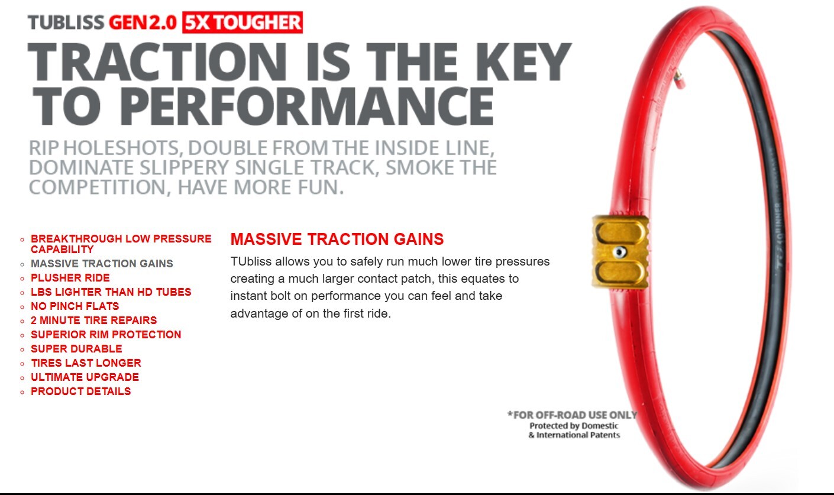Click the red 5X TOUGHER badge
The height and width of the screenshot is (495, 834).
click(243, 22)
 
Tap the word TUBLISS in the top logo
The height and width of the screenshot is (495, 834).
click(66, 22)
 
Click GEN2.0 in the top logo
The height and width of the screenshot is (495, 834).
click(143, 22)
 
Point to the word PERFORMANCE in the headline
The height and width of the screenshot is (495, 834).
click(306, 107)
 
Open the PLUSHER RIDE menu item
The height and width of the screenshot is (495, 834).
click(70, 277)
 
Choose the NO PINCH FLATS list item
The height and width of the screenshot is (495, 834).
click(75, 306)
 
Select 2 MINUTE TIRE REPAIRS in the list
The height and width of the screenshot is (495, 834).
click(94, 320)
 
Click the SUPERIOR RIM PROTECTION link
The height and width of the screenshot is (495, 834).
click(106, 334)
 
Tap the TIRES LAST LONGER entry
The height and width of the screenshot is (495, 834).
click(86, 363)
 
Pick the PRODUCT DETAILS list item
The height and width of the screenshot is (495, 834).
click(81, 391)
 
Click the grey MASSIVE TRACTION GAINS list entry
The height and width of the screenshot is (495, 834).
click(102, 264)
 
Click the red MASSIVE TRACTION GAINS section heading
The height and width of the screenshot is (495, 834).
click(337, 239)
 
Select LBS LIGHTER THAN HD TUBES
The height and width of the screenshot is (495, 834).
click(111, 292)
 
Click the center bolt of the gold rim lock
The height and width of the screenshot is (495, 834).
click(619, 253)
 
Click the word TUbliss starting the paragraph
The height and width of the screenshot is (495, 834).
click(251, 261)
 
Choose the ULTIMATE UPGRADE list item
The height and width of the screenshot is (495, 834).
click(85, 377)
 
